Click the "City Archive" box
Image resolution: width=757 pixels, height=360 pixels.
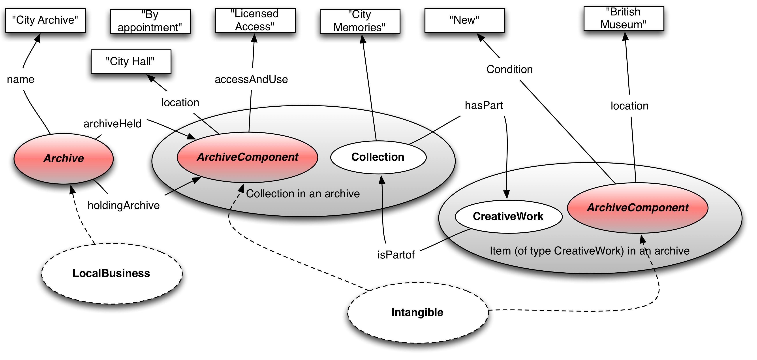(x=45, y=20)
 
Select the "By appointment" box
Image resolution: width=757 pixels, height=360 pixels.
(x=150, y=21)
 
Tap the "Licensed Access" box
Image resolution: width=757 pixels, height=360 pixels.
(x=255, y=20)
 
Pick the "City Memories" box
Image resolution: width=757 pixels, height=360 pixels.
(x=360, y=21)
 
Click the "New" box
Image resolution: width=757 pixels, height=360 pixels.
(x=464, y=20)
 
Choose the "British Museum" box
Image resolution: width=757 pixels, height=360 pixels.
(x=624, y=18)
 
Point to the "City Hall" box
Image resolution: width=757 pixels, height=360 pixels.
(x=131, y=61)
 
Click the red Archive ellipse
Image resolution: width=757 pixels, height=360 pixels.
(x=64, y=158)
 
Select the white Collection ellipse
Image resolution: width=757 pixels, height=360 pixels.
(x=378, y=157)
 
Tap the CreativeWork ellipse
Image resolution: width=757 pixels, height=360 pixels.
(x=508, y=217)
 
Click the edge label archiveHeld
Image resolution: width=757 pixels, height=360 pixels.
(x=112, y=124)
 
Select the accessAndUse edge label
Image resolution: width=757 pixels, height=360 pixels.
(x=251, y=79)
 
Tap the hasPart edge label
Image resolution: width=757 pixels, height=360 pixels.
(x=484, y=106)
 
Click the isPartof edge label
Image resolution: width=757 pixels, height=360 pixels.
(x=396, y=255)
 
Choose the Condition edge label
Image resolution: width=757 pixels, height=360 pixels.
(x=510, y=69)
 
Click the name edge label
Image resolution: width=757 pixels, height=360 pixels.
(x=21, y=79)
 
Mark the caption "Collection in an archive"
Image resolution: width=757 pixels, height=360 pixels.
(x=303, y=194)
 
